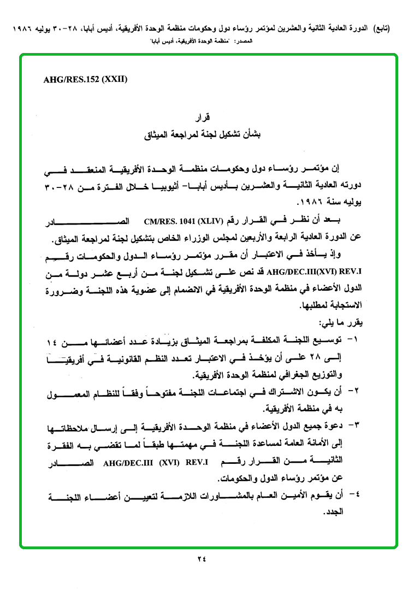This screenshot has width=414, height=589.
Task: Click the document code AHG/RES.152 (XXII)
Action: [85, 79]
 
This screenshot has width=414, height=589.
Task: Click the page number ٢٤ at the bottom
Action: [202, 558]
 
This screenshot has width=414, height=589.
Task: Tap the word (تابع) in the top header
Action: [380, 28]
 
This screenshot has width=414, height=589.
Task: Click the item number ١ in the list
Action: [355, 340]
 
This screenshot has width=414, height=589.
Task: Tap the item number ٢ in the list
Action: [355, 392]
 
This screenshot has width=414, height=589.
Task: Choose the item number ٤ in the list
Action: [355, 496]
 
